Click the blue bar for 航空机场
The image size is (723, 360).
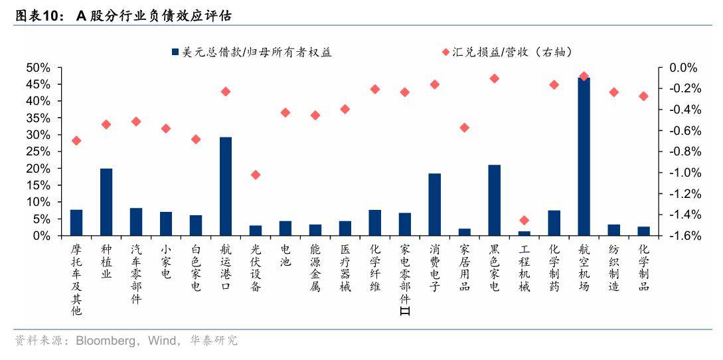coord(584,157)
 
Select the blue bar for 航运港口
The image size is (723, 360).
coord(226,187)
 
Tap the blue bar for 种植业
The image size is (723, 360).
coord(106,202)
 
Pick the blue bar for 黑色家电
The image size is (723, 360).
coord(494,200)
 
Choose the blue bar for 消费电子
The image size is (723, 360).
coord(435,205)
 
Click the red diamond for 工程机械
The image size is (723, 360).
coord(524,220)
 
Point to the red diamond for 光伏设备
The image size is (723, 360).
coord(256,175)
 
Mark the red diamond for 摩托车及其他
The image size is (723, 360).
coord(76,140)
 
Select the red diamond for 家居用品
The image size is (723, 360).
coord(465,128)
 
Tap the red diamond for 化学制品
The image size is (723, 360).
coord(643,96)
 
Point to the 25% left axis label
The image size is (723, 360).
coord(38,151)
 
